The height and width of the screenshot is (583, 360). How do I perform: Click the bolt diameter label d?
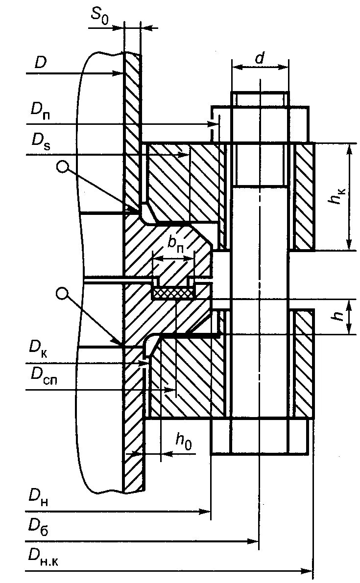coord(260,58)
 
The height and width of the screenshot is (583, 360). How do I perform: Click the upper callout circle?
coord(62,166)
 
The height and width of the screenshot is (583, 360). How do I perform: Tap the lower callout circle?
coord(62,293)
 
